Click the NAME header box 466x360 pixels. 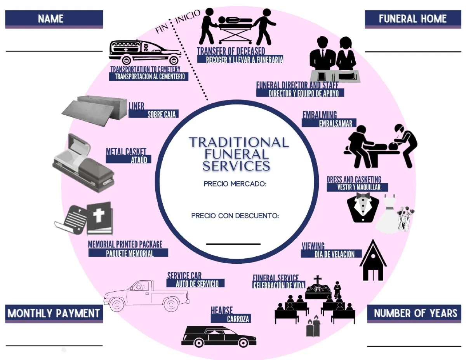(54, 19)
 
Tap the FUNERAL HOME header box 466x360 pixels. (412, 19)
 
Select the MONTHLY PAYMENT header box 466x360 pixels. (54, 313)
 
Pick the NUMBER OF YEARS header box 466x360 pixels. (415, 313)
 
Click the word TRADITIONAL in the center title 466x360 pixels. (238, 142)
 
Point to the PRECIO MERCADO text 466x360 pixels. (235, 184)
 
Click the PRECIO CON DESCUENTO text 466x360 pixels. (235, 216)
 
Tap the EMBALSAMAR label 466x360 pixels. (335, 123)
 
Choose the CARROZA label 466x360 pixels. (238, 319)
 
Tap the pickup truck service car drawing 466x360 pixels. (146, 296)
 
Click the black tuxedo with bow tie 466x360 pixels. (363, 208)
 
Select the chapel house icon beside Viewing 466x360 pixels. (373, 260)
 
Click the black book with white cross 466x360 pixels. (99, 218)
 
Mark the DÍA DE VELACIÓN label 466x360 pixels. (334, 254)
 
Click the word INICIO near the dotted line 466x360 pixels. (188, 16)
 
